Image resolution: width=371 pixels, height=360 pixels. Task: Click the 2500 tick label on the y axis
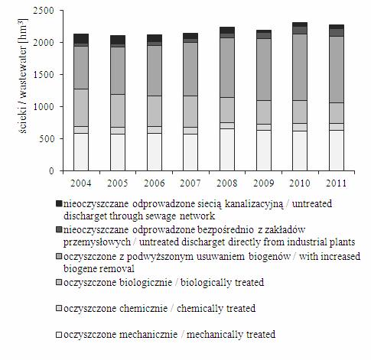coord(44,11)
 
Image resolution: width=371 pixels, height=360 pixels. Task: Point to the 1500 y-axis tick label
coord(44,75)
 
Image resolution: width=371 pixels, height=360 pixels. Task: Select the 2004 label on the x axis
coord(81,183)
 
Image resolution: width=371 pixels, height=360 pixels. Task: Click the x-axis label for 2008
coord(227,183)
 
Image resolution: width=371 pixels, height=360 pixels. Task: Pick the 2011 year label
coord(337,183)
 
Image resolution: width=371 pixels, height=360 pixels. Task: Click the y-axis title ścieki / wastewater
coord(23,76)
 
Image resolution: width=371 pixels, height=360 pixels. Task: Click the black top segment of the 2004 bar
coord(81,38)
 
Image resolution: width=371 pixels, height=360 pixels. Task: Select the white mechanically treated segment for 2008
coord(227,150)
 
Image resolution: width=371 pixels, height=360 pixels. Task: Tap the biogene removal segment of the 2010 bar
coord(300,67)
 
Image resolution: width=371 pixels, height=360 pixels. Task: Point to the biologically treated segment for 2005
coord(118,111)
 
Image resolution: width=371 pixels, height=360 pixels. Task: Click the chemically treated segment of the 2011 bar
coord(337,127)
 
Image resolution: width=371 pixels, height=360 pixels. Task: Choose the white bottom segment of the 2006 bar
coord(155,152)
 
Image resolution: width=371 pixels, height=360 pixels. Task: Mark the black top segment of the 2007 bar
coord(190,36)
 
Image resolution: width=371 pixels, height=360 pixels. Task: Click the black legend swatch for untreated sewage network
coord(59,203)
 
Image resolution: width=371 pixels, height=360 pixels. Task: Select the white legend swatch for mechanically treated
coord(59,335)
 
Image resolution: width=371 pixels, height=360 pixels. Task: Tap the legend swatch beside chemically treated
coord(59,308)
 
